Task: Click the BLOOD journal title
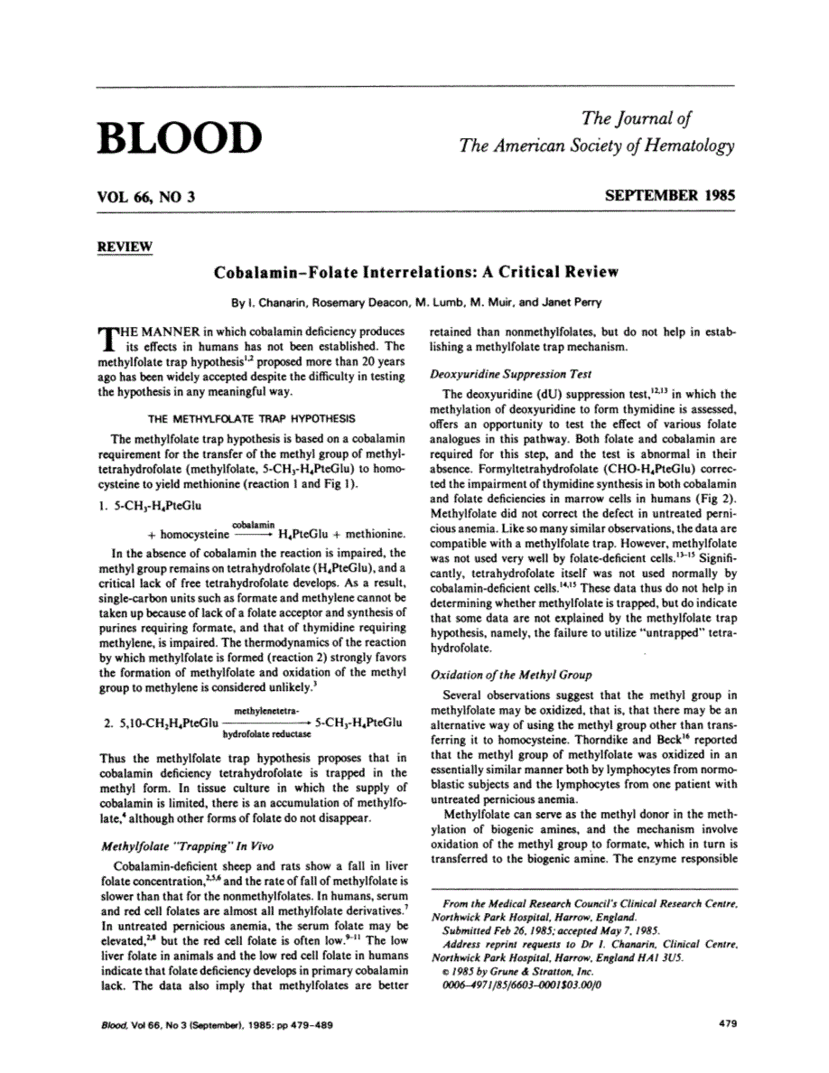coord(178,137)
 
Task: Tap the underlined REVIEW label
coord(123,247)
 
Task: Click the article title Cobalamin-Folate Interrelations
coord(415,271)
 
